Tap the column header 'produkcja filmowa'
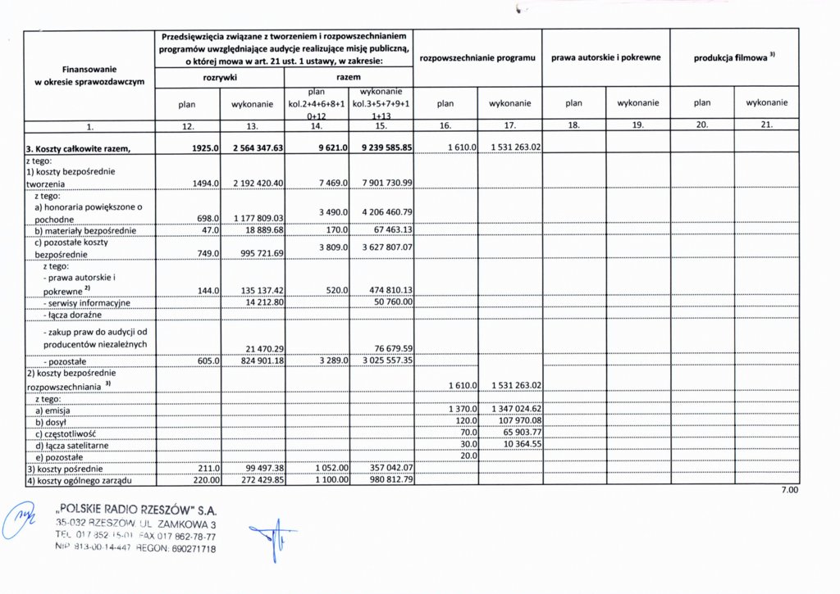pos(734,58)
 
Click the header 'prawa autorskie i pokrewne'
pos(605,58)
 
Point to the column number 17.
pos(509,126)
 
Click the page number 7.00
pos(788,491)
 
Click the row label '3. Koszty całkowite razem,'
pos(79,147)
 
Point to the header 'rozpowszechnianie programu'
pos(477,58)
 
